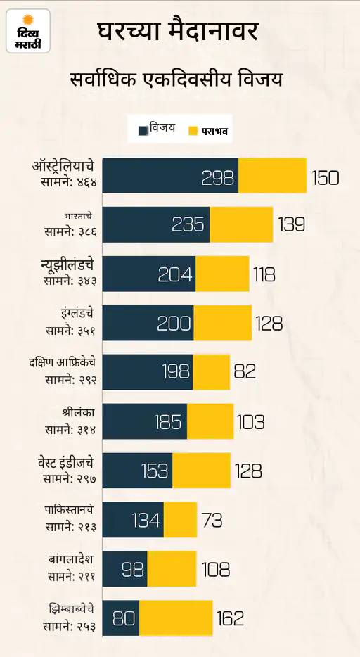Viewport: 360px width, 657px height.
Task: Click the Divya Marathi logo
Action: pos(28,31)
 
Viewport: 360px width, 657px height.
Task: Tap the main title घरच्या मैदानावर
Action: pos(177,32)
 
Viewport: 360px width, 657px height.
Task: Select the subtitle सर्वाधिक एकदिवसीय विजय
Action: pos(176,79)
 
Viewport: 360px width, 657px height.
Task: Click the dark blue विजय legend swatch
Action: pos(143,130)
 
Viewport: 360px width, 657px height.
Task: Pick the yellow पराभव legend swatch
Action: pos(193,130)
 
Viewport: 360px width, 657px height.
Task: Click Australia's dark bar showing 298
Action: pos(170,175)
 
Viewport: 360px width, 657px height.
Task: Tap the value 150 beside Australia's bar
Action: pos(325,178)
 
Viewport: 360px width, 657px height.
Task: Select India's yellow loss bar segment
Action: pos(242,224)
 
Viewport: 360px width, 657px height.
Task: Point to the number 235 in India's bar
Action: pos(188,225)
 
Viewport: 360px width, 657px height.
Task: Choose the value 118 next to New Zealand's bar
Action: pos(264,275)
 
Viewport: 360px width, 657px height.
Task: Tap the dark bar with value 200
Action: pos(148,323)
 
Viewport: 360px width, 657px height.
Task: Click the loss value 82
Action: pos(245,371)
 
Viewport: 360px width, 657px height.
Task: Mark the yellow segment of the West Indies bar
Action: pos(201,471)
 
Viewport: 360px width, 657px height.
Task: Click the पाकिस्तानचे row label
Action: pos(70,510)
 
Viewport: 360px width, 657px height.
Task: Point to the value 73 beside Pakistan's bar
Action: pos(212,521)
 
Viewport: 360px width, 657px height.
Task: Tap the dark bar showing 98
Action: pos(124,569)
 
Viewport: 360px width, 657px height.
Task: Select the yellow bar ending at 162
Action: pos(176,618)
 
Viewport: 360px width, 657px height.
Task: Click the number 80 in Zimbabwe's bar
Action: pos(124,619)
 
